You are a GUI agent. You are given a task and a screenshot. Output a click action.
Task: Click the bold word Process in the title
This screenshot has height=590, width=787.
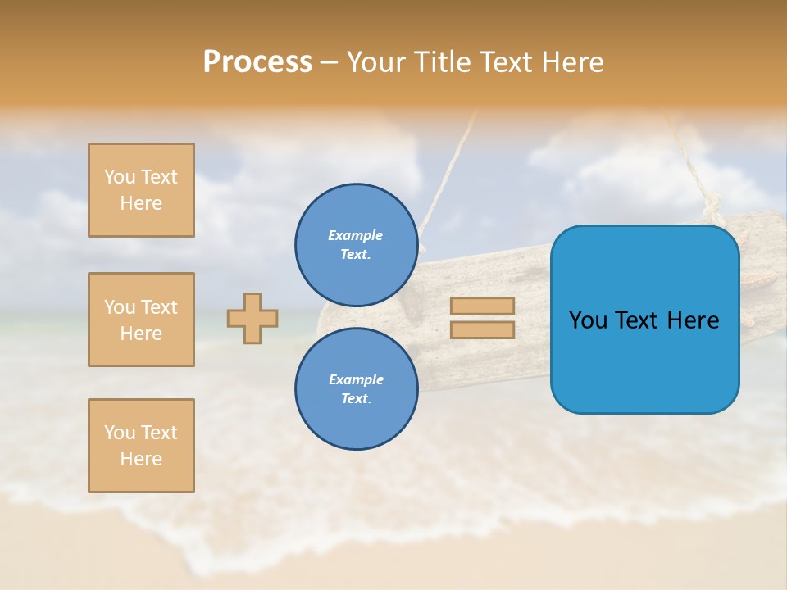[x=257, y=62]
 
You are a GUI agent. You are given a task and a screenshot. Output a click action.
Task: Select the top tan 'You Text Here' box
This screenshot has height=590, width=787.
[x=141, y=190]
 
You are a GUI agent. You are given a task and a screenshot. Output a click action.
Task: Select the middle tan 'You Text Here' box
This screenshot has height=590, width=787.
[x=141, y=320]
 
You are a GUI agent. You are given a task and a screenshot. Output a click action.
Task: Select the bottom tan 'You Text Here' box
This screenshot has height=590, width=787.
[x=141, y=446]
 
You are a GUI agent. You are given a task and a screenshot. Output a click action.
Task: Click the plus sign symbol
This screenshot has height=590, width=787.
[x=252, y=318]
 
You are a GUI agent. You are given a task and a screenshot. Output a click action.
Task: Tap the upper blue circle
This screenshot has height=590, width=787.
[x=356, y=244]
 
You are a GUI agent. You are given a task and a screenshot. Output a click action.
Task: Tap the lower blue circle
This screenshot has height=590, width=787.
[x=356, y=388]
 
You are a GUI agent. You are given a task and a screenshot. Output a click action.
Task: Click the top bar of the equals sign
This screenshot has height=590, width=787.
[x=482, y=306]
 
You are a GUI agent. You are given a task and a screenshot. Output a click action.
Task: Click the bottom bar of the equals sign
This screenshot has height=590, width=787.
[x=482, y=330]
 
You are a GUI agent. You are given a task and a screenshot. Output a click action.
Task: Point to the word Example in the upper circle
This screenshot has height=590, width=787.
[x=355, y=235]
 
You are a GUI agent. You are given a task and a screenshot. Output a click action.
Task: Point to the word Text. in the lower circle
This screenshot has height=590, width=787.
[x=356, y=398]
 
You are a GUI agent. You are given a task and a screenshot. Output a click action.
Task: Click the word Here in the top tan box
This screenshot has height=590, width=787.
[x=141, y=203]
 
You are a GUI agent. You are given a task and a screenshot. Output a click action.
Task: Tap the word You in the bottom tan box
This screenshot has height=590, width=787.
[x=120, y=433]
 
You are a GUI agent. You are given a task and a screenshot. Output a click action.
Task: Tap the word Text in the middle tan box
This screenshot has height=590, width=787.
[x=159, y=307]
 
